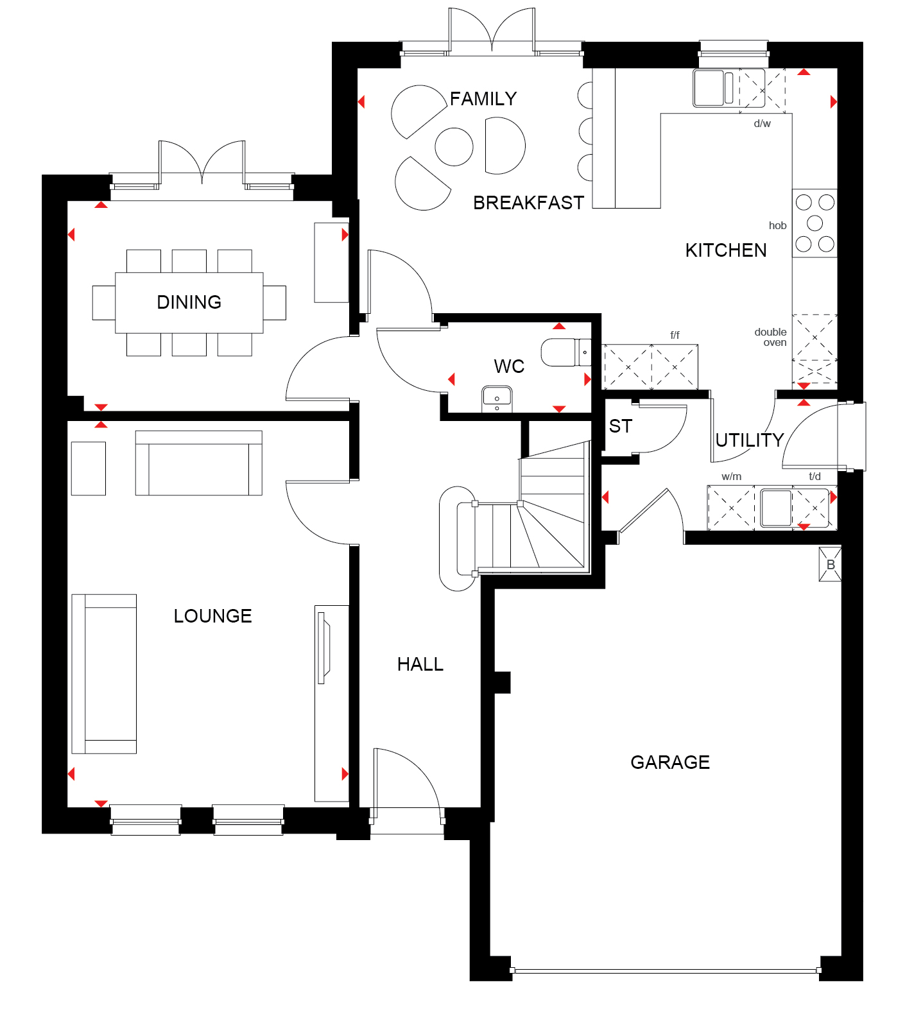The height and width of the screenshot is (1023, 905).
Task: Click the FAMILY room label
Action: pyautogui.click(x=483, y=99)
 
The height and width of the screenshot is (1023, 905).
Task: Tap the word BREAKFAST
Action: pyautogui.click(x=528, y=203)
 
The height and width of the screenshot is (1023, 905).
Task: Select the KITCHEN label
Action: pyautogui.click(x=726, y=250)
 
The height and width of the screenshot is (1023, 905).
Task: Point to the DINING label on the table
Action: pyautogui.click(x=189, y=302)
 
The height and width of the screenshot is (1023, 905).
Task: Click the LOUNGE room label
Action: pyautogui.click(x=213, y=616)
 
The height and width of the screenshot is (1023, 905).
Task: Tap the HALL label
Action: pyautogui.click(x=420, y=664)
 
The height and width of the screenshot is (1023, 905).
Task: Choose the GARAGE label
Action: pyautogui.click(x=670, y=762)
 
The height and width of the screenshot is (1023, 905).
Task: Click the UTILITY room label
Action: pyautogui.click(x=750, y=440)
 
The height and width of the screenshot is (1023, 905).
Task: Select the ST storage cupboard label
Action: pyautogui.click(x=621, y=426)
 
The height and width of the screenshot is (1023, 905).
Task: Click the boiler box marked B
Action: pyautogui.click(x=831, y=565)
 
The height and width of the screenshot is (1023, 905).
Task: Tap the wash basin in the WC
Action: pyautogui.click(x=497, y=399)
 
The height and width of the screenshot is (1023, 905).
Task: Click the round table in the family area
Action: pyautogui.click(x=454, y=146)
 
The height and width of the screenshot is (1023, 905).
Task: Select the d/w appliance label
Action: pyautogui.click(x=763, y=123)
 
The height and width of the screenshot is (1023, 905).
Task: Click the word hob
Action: pyautogui.click(x=778, y=225)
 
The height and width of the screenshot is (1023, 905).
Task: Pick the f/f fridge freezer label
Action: pyautogui.click(x=675, y=335)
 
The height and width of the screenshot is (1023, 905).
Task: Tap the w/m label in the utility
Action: pyautogui.click(x=732, y=476)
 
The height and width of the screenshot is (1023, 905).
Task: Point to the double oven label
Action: pyautogui.click(x=771, y=337)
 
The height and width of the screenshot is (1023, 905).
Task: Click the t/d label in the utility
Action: pyautogui.click(x=814, y=476)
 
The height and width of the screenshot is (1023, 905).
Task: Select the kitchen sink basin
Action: pyautogui.click(x=708, y=87)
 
